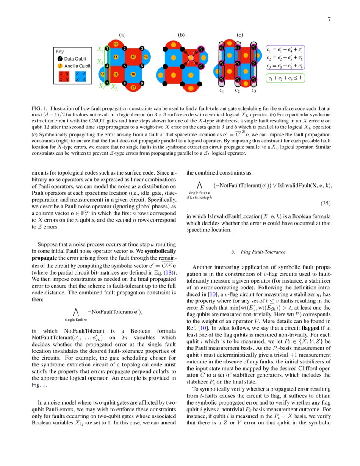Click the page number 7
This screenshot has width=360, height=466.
[x=329, y=19]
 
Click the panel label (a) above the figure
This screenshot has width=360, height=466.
[x=122, y=35]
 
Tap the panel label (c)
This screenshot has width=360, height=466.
[x=240, y=35]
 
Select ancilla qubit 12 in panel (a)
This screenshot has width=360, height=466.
[x=133, y=57]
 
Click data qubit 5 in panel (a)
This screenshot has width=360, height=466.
[x=125, y=66]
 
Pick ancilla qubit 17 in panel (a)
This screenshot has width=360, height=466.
[x=133, y=88]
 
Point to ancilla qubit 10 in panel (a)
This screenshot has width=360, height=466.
[x=116, y=44]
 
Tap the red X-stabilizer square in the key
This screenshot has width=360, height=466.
[x=64, y=76]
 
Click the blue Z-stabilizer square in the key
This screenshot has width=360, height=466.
[x=80, y=76]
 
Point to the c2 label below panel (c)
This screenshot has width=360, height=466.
[x=238, y=90]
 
